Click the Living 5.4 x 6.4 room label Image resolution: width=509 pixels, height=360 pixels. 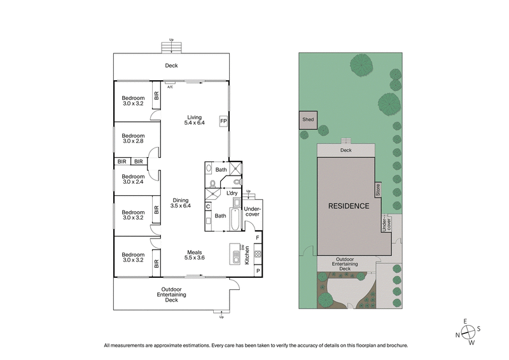click(x=194, y=120)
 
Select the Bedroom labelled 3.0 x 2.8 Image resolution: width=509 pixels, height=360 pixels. click(x=134, y=138)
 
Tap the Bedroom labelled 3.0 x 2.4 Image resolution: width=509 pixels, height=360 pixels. click(x=134, y=179)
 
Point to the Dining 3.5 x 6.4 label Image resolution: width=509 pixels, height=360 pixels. click(x=181, y=203)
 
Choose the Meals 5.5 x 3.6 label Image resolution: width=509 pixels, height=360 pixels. click(x=194, y=254)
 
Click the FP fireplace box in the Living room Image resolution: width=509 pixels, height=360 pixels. click(x=223, y=120)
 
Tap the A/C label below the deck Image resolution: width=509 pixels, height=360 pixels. click(x=170, y=87)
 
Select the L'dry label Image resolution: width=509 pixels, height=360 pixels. click(x=232, y=193)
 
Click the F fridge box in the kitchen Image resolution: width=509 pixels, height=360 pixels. click(x=257, y=238)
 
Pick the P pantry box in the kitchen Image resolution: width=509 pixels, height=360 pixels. click(x=257, y=270)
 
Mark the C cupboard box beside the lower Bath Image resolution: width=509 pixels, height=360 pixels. click(x=209, y=206)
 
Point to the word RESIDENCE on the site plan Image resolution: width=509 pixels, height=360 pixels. click(x=348, y=206)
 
